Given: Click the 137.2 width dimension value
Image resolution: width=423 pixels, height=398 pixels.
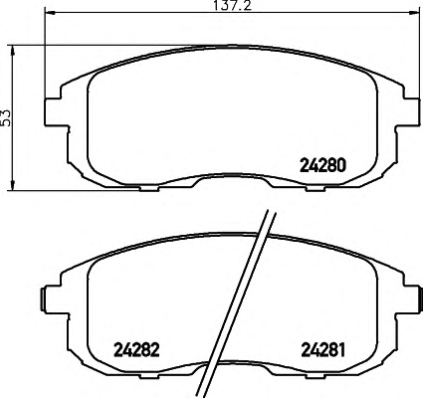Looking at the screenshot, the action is [232, 6].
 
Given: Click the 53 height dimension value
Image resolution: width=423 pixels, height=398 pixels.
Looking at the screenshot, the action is [6, 117].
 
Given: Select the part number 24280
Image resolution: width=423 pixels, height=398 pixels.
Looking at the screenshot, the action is [322, 165].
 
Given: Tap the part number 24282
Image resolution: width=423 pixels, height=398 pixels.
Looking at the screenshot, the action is [136, 349].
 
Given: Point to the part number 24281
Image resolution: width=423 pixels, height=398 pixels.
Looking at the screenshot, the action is [323, 349].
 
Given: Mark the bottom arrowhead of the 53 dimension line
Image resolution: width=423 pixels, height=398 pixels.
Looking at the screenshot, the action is [13, 185].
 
